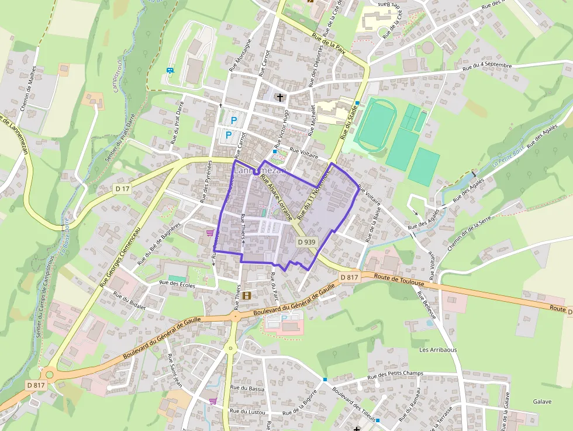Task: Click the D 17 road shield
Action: (x=122, y=188)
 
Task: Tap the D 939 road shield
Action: (x=306, y=242)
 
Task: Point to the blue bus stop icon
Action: (x=170, y=71)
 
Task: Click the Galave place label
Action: (x=542, y=402)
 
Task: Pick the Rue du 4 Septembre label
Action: (x=487, y=67)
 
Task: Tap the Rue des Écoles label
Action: (x=178, y=284)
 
